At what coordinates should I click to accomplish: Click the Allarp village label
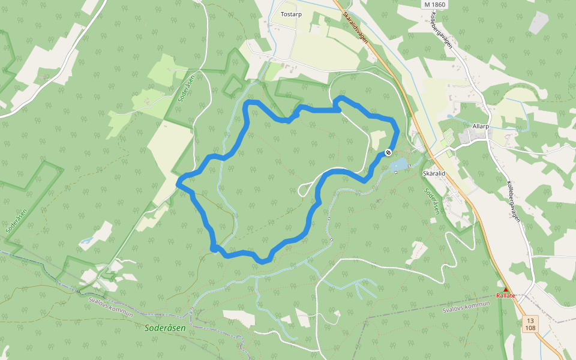tap(481, 127)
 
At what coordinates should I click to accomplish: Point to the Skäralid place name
tap(434, 173)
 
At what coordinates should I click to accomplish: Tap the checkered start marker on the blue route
tap(388, 152)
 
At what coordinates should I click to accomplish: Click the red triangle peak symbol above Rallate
tap(505, 289)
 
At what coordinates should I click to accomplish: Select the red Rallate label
tap(506, 296)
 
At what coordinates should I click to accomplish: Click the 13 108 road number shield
tap(530, 324)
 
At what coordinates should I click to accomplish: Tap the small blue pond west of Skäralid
tap(398, 164)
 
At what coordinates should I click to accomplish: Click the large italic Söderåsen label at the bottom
tap(165, 328)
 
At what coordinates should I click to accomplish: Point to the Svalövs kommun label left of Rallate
tap(466, 307)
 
